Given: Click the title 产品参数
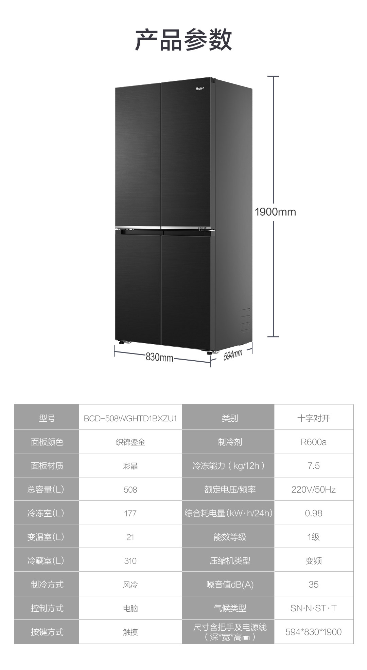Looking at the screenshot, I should click(x=183, y=40).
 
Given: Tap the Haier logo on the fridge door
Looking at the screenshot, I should click(x=200, y=89).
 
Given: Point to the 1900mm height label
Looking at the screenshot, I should click(x=275, y=212).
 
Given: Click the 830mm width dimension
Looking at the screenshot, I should click(x=159, y=357).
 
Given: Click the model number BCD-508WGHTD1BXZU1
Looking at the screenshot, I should click(x=130, y=418).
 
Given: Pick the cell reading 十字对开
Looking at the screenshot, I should click(x=313, y=418).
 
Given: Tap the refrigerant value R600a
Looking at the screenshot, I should click(x=313, y=442).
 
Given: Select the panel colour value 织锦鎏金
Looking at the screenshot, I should click(x=130, y=442).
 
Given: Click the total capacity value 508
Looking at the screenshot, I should click(x=130, y=490).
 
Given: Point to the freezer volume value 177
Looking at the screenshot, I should click(x=130, y=513).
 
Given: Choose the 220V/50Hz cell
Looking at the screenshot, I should click(x=313, y=490).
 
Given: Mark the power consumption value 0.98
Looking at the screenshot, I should click(x=313, y=513).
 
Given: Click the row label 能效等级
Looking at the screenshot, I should click(x=230, y=537).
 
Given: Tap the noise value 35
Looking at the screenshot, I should click(x=313, y=585).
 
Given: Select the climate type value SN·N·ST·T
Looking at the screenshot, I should click(x=313, y=608).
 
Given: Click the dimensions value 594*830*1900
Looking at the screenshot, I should click(x=313, y=632).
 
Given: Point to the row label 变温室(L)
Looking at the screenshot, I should click(x=46, y=537).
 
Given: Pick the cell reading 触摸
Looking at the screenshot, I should click(x=130, y=632).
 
